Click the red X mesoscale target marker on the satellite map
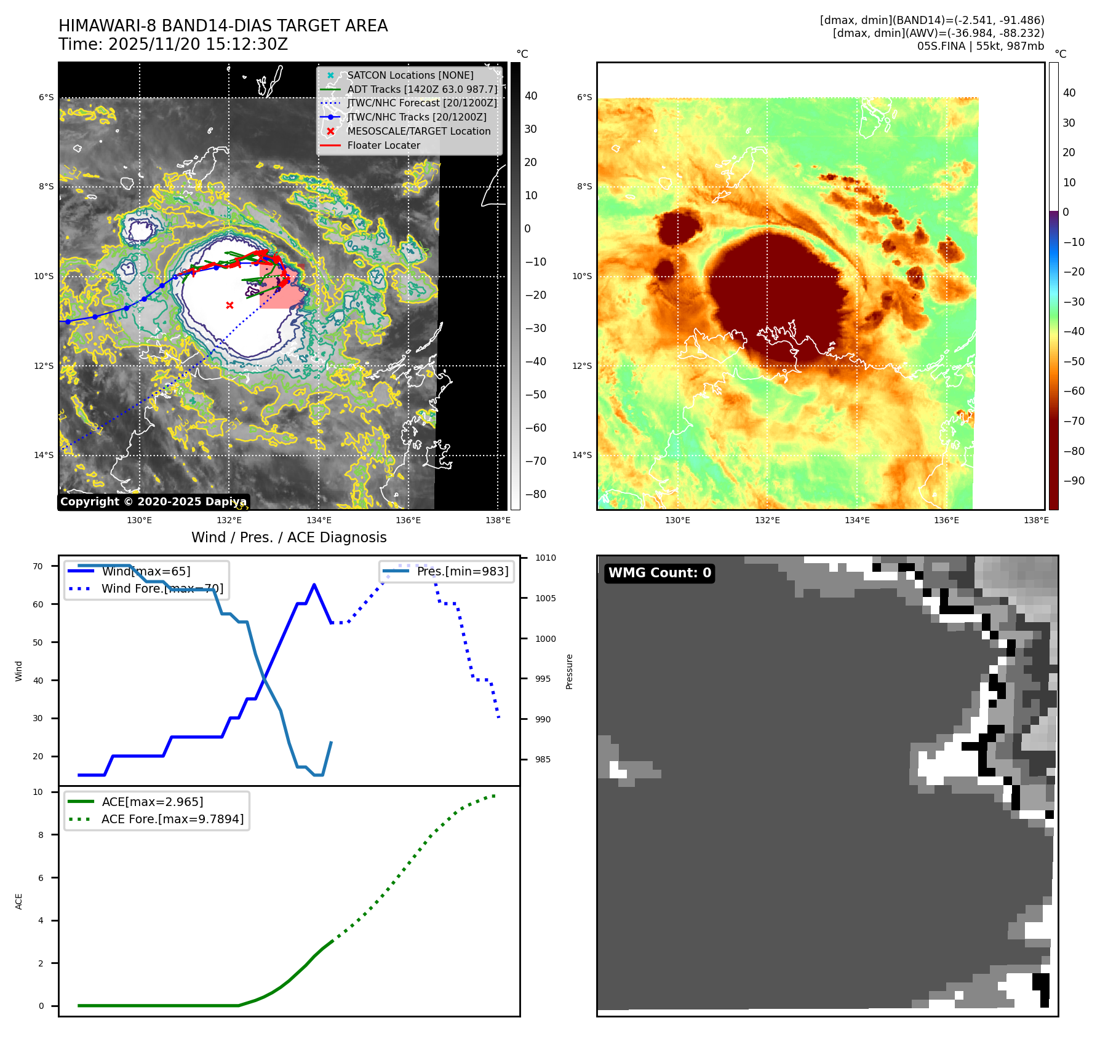coord(229,305)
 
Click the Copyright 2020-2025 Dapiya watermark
coord(153,502)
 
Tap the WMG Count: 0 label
coord(660,573)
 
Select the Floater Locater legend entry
coord(383,146)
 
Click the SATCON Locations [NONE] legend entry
coord(410,76)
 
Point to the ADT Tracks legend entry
coord(422,90)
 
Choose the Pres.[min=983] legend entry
coord(462,572)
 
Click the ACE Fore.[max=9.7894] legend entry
coord(172,819)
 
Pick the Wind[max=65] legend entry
coord(146,572)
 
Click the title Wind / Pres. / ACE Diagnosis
coord(289,537)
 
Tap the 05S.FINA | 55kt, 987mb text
coord(981,46)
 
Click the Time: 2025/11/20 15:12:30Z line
coord(173,45)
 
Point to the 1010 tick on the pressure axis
coord(545,558)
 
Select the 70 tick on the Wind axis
coord(38,566)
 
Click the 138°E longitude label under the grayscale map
coord(498,521)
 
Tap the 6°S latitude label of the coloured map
coord(584,97)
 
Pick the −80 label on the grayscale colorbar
coord(535,494)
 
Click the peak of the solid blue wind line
coord(314,584)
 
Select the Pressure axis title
coord(570,671)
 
